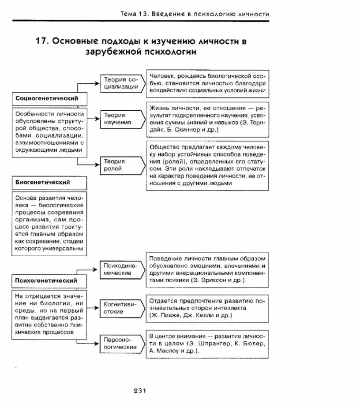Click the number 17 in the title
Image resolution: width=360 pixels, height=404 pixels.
[41, 41]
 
